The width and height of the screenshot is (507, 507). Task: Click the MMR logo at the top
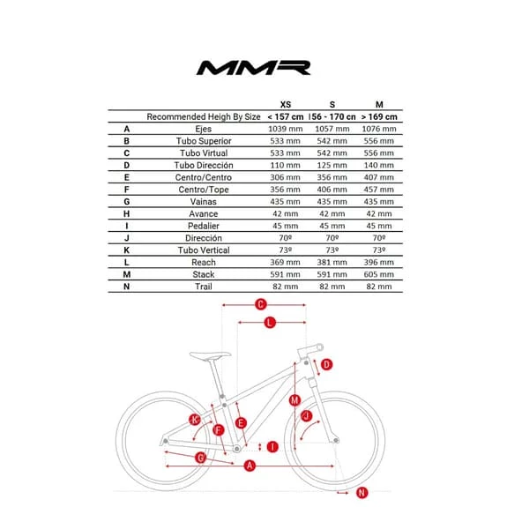(254, 68)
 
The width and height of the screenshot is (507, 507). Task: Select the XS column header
(286, 104)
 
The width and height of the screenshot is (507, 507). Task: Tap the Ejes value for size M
(379, 129)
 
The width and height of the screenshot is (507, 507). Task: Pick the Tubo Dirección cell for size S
(332, 165)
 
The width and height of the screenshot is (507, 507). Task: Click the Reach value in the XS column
(285, 262)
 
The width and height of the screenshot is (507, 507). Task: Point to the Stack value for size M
(379, 274)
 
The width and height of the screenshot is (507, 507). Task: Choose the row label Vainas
(204, 202)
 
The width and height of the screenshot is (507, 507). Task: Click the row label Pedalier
(204, 226)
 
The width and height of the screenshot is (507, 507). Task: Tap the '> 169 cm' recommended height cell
(379, 116)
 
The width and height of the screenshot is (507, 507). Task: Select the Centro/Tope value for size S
(332, 190)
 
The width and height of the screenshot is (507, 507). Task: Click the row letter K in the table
(127, 250)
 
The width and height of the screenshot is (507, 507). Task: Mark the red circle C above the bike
(261, 304)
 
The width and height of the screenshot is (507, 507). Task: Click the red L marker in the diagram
(270, 323)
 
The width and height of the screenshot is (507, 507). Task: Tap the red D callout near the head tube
(326, 365)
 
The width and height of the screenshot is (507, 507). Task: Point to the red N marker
(362, 493)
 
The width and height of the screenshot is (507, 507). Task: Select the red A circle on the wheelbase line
(250, 466)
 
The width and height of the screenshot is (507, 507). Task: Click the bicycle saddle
(210, 355)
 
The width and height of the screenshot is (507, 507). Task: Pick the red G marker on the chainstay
(201, 458)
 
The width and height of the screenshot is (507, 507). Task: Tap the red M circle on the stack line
(295, 400)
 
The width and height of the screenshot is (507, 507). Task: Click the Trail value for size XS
(285, 287)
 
